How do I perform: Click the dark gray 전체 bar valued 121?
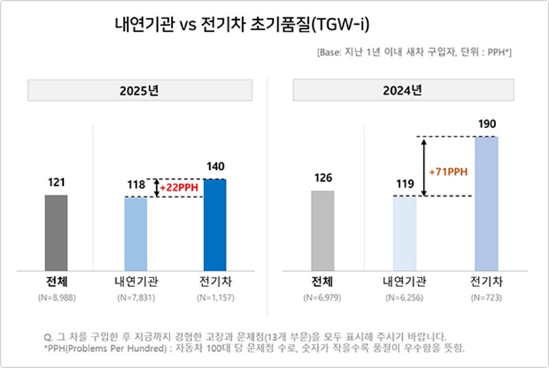[x=56, y=232]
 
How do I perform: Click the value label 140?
[x=215, y=167]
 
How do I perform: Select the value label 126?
[x=322, y=178]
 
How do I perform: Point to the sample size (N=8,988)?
[x=56, y=299]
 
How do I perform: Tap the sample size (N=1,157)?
[x=215, y=299]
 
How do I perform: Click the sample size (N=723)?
[x=486, y=299]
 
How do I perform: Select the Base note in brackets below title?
[x=415, y=53]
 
